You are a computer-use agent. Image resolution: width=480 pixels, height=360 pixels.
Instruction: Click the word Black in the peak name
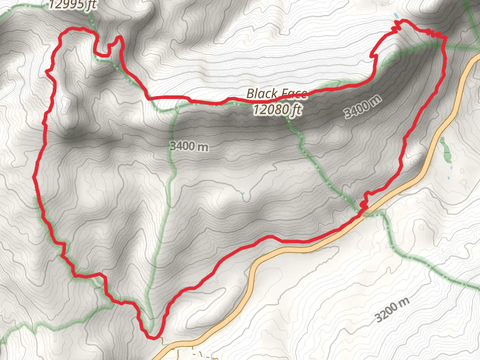point(262,94)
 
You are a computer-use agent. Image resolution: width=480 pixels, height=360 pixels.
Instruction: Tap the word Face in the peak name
point(293,94)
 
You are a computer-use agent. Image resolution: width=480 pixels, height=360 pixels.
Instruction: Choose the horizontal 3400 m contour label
point(189,146)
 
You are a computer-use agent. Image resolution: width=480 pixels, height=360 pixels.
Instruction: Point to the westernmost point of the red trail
point(34,178)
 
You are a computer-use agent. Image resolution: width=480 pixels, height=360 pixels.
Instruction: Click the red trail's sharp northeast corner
point(445,38)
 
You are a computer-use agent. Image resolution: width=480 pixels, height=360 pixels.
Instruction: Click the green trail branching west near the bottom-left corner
point(24,329)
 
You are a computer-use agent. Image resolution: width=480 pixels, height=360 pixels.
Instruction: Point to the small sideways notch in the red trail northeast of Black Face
point(375,56)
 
